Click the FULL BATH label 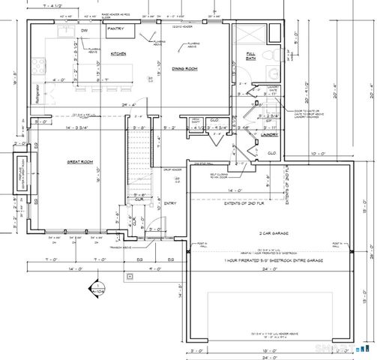click(x=251, y=56)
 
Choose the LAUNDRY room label click(x=270, y=136)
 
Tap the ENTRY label click(x=170, y=202)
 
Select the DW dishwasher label click(x=85, y=31)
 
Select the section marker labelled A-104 click(x=96, y=286)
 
